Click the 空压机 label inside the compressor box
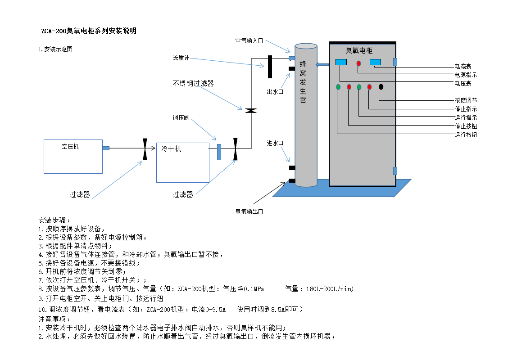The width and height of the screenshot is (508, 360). (70, 147)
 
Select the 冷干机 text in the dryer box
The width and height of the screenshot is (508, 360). (171, 148)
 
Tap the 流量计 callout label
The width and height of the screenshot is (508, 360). (181, 58)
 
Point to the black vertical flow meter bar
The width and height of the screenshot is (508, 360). (270, 67)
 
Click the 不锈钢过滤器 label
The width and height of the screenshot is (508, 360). (193, 84)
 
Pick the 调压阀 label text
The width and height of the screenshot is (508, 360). (181, 117)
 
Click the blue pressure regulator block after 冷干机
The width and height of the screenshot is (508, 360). (219, 152)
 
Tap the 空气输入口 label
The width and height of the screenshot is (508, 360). (249, 41)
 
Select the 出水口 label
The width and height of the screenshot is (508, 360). (275, 92)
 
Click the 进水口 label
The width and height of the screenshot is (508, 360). (275, 143)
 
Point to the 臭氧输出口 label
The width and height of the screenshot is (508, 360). (249, 212)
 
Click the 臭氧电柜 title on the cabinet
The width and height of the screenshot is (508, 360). (359, 50)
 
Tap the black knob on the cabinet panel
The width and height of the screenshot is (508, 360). (381, 87)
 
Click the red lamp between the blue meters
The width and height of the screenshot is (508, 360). (358, 63)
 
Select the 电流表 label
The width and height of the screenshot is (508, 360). (463, 66)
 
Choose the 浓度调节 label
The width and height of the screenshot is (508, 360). (466, 101)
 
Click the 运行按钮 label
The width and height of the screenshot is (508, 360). (466, 135)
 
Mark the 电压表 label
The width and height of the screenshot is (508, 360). (463, 84)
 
